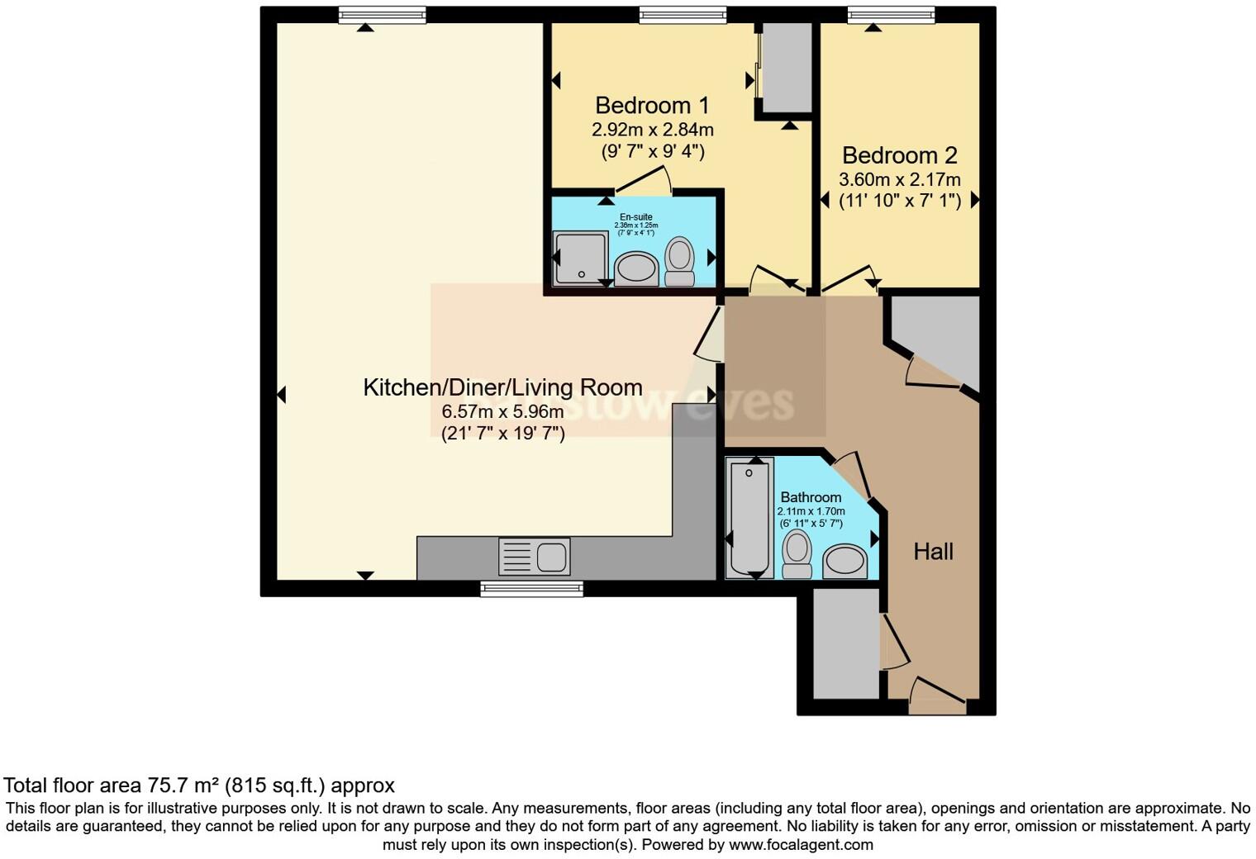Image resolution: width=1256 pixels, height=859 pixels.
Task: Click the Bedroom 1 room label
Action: (x=652, y=106)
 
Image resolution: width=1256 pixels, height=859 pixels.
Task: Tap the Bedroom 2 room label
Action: (x=899, y=155)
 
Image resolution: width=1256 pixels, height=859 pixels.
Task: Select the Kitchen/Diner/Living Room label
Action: (x=502, y=387)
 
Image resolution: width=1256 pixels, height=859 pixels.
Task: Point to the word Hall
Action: (x=933, y=552)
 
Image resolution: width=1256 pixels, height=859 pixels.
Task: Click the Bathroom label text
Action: (x=811, y=497)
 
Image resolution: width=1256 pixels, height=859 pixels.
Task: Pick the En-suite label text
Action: (x=635, y=217)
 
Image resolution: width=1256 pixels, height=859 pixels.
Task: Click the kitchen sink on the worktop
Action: (x=534, y=556)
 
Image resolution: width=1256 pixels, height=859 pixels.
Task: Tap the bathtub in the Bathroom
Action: (x=749, y=517)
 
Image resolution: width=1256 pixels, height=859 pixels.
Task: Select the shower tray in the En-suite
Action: (x=581, y=257)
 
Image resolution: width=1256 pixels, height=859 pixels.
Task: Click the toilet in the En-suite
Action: (x=680, y=261)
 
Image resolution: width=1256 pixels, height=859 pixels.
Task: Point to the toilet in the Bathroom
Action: (x=797, y=553)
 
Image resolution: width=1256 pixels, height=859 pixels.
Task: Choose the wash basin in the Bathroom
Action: (x=844, y=561)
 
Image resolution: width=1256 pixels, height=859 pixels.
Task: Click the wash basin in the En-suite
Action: (x=635, y=269)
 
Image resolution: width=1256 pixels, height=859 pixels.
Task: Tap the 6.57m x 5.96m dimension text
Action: (x=502, y=411)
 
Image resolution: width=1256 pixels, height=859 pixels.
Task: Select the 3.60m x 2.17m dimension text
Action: (x=899, y=179)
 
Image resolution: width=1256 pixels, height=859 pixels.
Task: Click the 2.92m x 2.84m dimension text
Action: (x=652, y=130)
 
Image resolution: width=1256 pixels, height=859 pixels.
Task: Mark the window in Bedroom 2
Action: (x=891, y=14)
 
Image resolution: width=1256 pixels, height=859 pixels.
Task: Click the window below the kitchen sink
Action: (x=531, y=588)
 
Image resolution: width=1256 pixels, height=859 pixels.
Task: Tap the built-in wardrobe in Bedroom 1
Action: (x=786, y=68)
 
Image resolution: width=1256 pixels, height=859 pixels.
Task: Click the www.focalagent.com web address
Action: (x=801, y=845)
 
